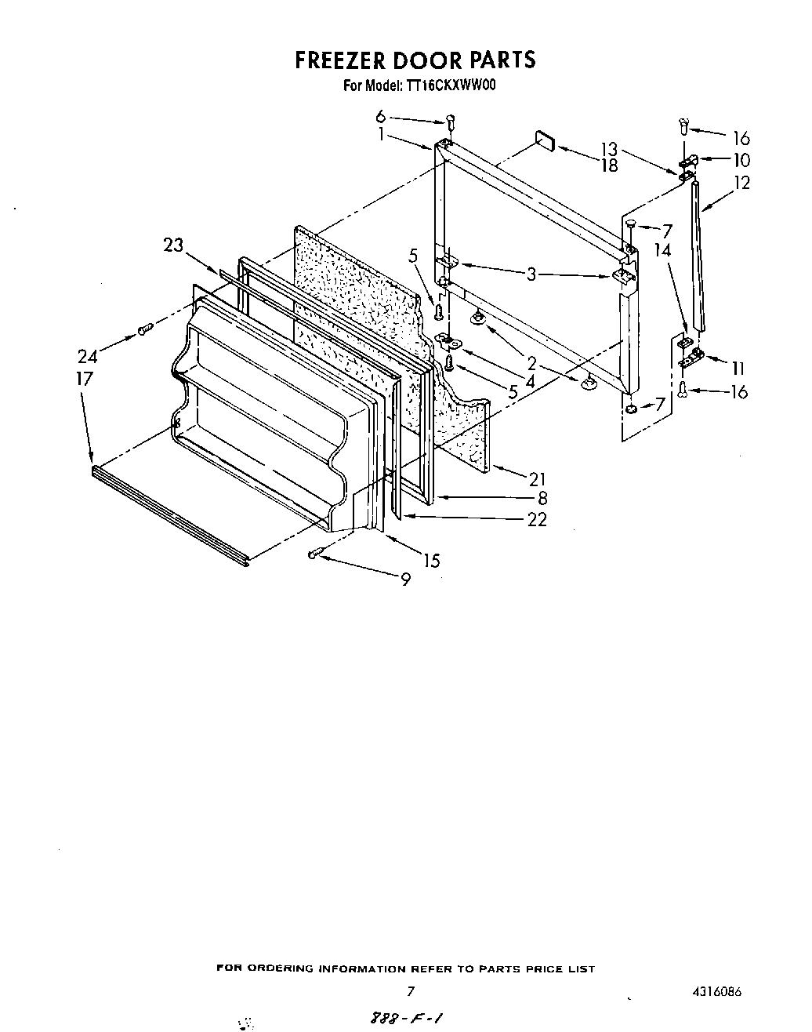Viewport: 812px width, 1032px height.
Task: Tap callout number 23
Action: [x=173, y=245]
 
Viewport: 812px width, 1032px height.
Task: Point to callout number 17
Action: [x=85, y=379]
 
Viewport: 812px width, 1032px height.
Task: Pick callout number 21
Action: [x=537, y=478]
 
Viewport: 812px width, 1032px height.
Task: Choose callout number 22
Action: [x=537, y=519]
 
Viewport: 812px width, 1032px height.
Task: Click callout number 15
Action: [x=431, y=561]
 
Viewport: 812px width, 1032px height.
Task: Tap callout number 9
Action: [x=405, y=580]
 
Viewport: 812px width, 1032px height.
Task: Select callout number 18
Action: [x=609, y=165]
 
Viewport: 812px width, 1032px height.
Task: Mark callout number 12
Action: [x=741, y=183]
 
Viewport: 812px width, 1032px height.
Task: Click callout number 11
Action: [x=738, y=368]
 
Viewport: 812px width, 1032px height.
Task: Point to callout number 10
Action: [x=741, y=161]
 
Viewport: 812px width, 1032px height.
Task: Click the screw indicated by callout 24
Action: [x=143, y=330]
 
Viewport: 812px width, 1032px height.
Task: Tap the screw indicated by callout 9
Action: [x=314, y=554]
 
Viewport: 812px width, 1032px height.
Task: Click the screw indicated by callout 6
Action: [x=451, y=121]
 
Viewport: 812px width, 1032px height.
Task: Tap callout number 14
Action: [x=663, y=250]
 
